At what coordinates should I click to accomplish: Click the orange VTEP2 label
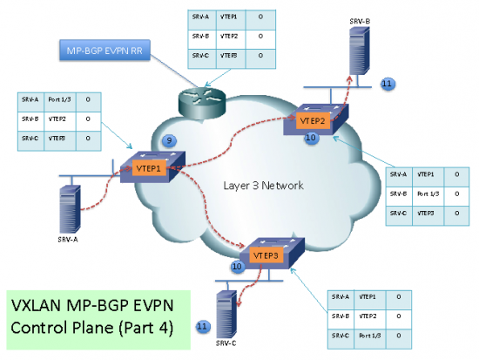313,119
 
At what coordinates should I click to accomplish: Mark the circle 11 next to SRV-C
202,325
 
